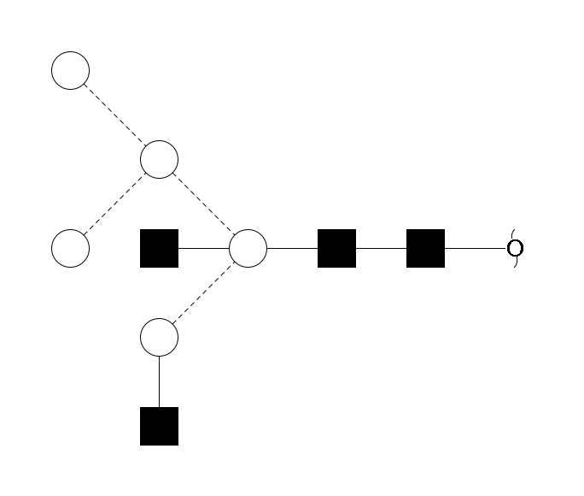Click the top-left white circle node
coord(71,70)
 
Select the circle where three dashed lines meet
coord(159,159)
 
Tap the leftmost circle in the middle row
coord(71,248)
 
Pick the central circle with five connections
coord(248,248)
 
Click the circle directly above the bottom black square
coord(159,337)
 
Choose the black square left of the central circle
coord(159,248)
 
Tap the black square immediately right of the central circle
coord(336,248)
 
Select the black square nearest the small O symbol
coord(425,248)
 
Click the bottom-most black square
coord(159,426)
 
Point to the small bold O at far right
coord(514,248)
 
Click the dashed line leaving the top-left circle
coord(114,115)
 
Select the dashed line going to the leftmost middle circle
coord(114,204)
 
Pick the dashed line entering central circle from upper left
coord(203,204)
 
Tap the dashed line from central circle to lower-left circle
coord(203,292)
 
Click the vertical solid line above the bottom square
coord(159,381)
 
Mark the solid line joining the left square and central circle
coord(203,248)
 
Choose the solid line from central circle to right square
coord(292,248)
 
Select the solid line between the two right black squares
coord(381,248)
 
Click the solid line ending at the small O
coord(475,248)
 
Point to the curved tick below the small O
coord(517,263)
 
